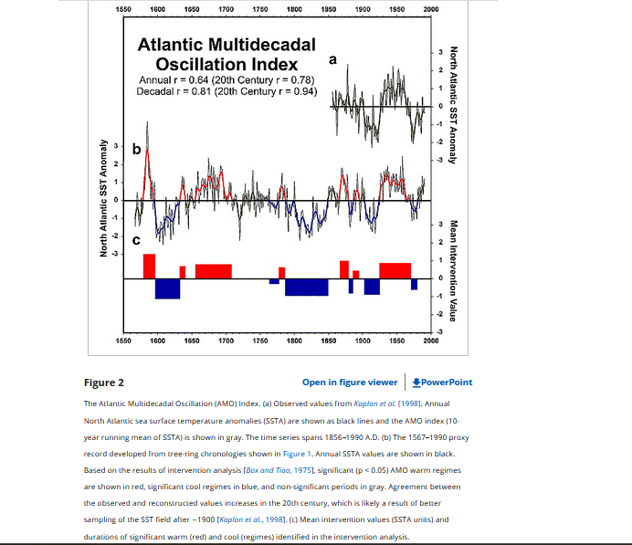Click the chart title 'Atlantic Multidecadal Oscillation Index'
click(226, 55)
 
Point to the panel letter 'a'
click(332, 59)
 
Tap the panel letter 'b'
click(136, 149)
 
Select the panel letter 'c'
click(136, 241)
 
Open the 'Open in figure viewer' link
click(350, 383)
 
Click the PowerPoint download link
click(443, 383)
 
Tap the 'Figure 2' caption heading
click(103, 383)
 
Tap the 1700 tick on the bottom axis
click(226, 340)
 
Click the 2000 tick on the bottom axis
click(431, 340)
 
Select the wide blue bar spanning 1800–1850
click(306, 288)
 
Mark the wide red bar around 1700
click(213, 271)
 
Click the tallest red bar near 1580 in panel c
click(149, 267)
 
